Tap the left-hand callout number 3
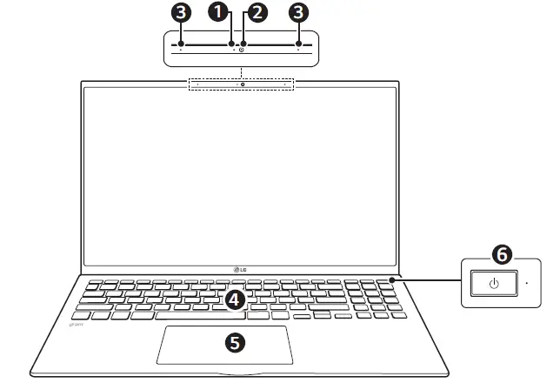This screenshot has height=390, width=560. (180, 12)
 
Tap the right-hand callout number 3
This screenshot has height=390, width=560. (299, 12)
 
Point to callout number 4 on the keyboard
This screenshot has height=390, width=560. (233, 300)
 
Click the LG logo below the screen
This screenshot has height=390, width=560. (241, 266)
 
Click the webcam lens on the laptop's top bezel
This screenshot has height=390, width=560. (242, 84)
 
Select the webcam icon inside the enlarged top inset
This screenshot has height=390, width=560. (242, 50)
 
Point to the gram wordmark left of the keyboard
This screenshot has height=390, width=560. (75, 323)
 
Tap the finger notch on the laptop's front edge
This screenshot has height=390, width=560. (228, 374)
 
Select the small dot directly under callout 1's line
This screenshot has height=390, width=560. (235, 50)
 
